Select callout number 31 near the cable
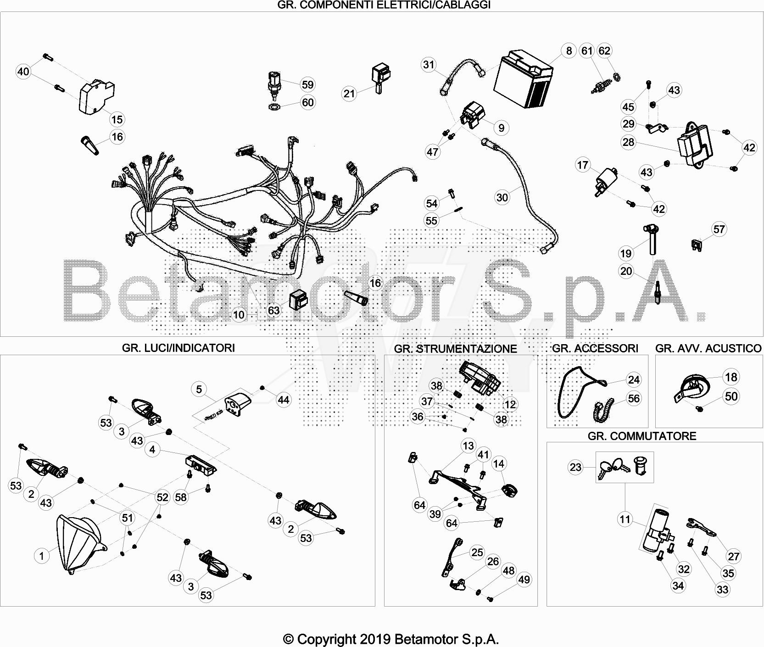(x=429, y=65)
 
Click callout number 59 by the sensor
(x=307, y=84)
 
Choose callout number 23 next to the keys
(x=575, y=467)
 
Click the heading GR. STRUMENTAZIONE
(x=455, y=349)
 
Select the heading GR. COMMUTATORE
(x=642, y=436)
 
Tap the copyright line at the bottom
(x=390, y=639)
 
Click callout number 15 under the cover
(x=117, y=119)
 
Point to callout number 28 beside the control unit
(x=628, y=142)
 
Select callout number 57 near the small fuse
(x=719, y=229)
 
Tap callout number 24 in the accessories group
(x=634, y=379)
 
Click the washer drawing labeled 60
(x=274, y=107)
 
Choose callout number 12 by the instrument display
(x=510, y=404)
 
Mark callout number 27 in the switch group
(x=734, y=556)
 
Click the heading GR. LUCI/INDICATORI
(x=178, y=348)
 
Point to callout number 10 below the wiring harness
(x=239, y=315)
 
